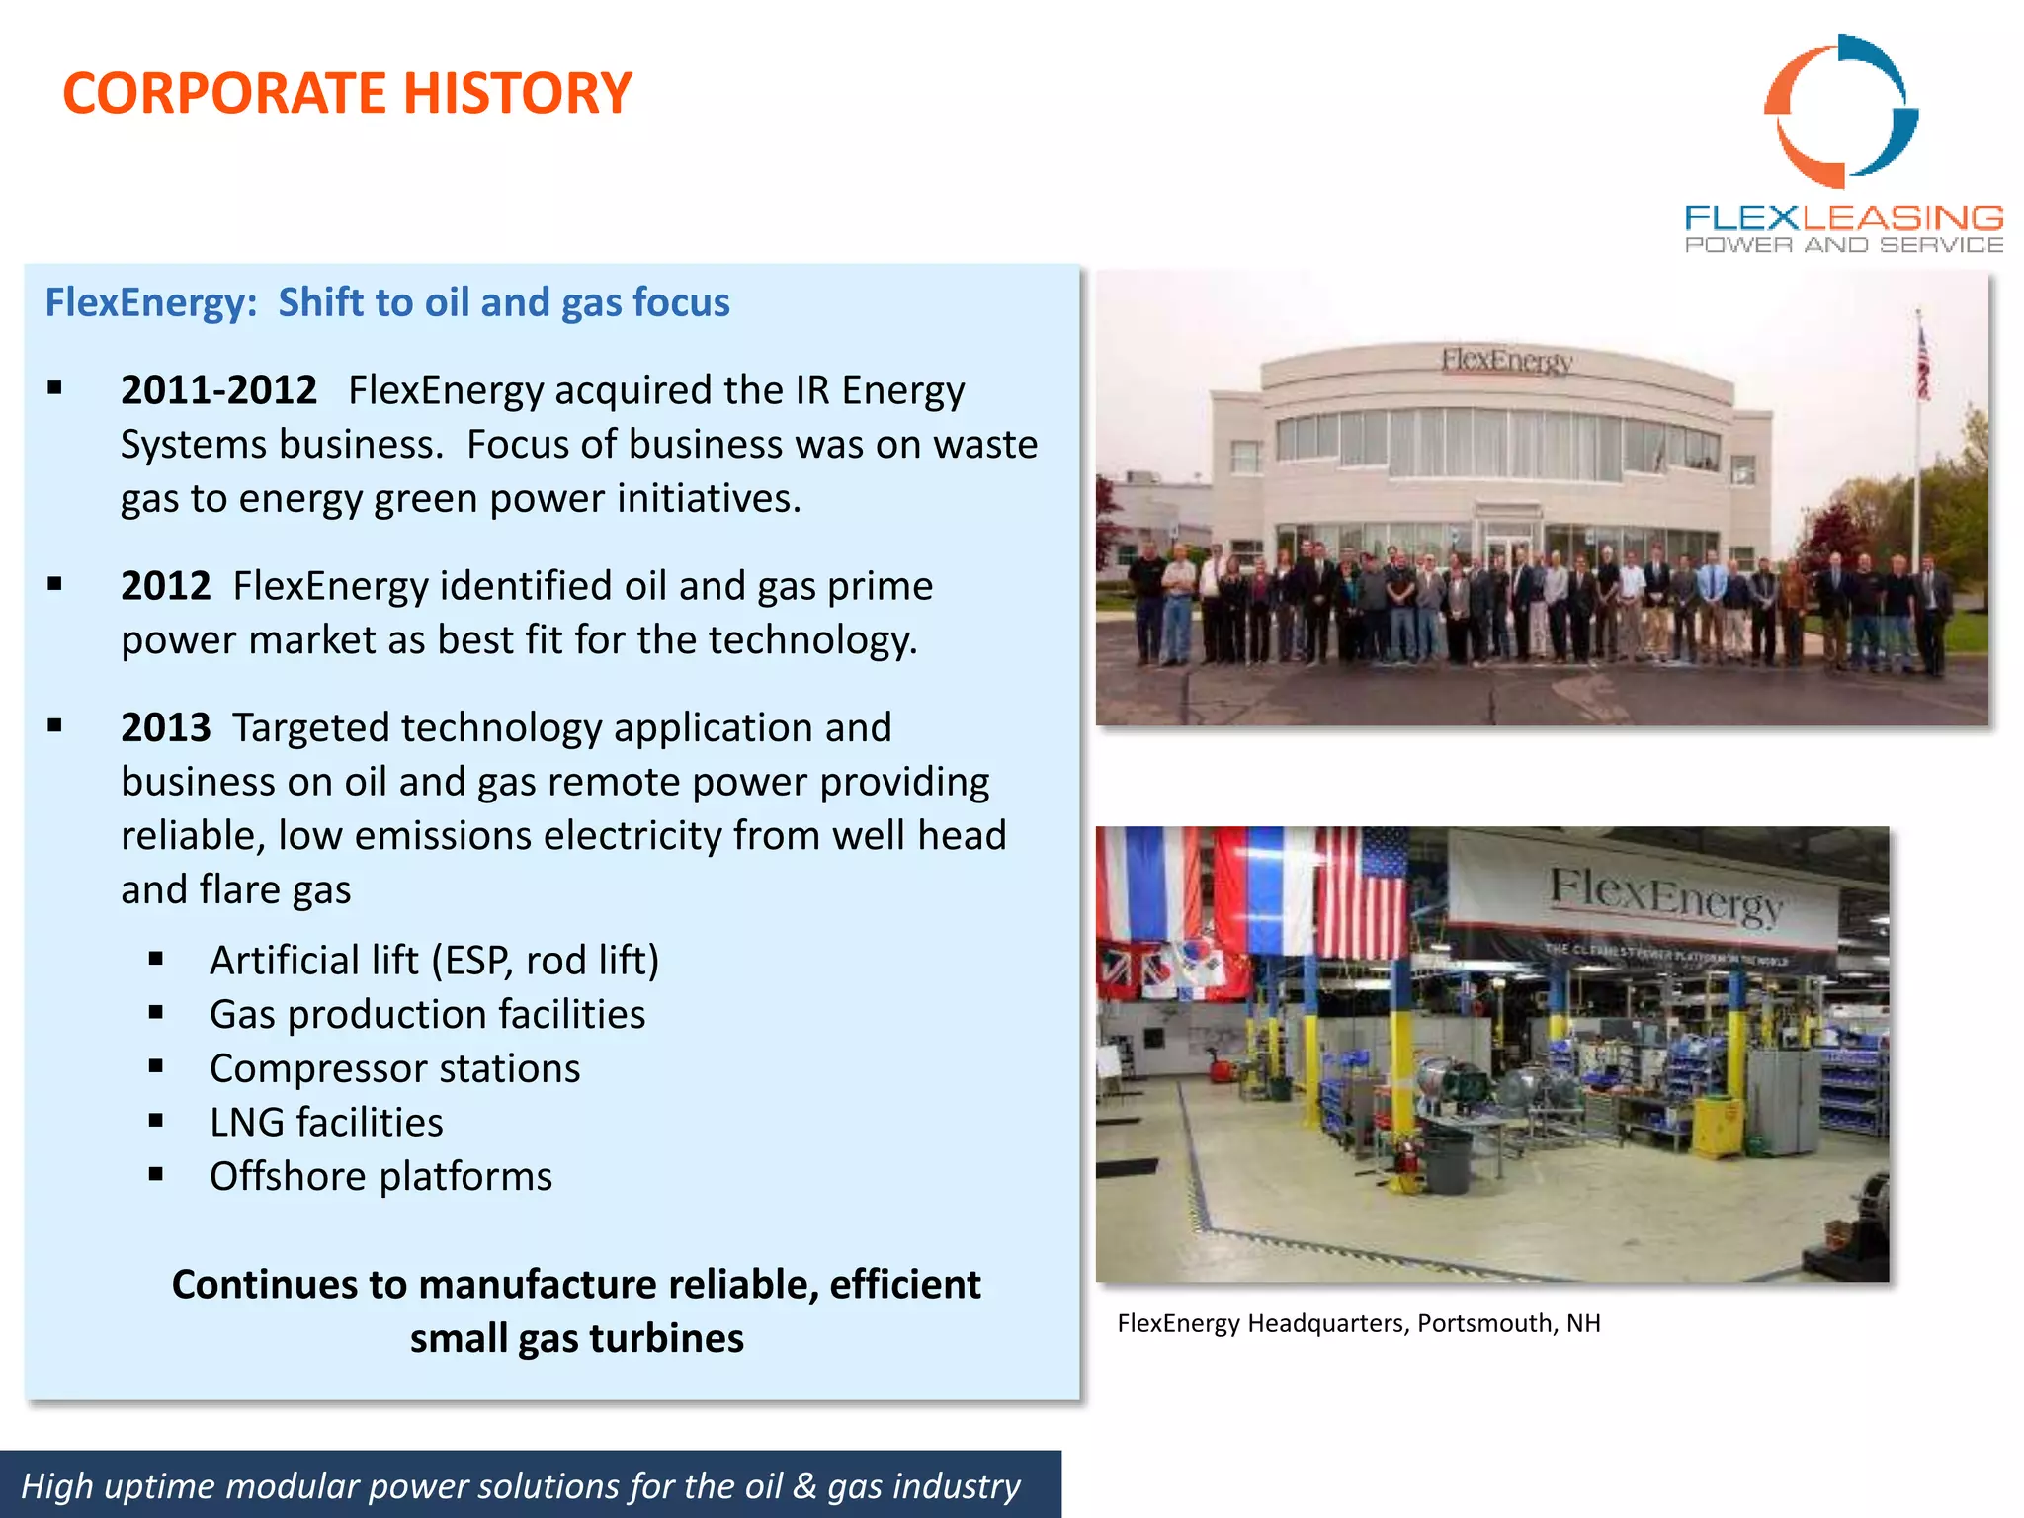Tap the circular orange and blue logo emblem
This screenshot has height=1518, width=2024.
[x=1840, y=111]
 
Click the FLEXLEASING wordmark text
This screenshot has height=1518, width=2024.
[x=1843, y=217]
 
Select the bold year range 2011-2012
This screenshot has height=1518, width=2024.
[x=218, y=390]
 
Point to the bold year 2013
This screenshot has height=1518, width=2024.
[x=165, y=728]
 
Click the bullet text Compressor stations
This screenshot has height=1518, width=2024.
[x=394, y=1069]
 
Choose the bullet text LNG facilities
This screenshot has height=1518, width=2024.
[x=326, y=1123]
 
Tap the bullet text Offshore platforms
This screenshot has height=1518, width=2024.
[x=380, y=1177]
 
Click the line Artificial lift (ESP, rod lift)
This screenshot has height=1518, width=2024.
[x=434, y=961]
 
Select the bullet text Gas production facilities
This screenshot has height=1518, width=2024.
[x=427, y=1015]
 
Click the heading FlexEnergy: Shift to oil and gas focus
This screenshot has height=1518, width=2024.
[x=386, y=302]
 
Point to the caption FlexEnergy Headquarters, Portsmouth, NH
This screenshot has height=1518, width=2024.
[x=1358, y=1323]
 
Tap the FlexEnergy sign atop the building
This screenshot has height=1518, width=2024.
[x=1506, y=360]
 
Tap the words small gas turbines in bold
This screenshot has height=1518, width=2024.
[x=576, y=1339]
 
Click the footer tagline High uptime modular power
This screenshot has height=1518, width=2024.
[x=521, y=1485]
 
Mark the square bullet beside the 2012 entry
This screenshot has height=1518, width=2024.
[x=55, y=585]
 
